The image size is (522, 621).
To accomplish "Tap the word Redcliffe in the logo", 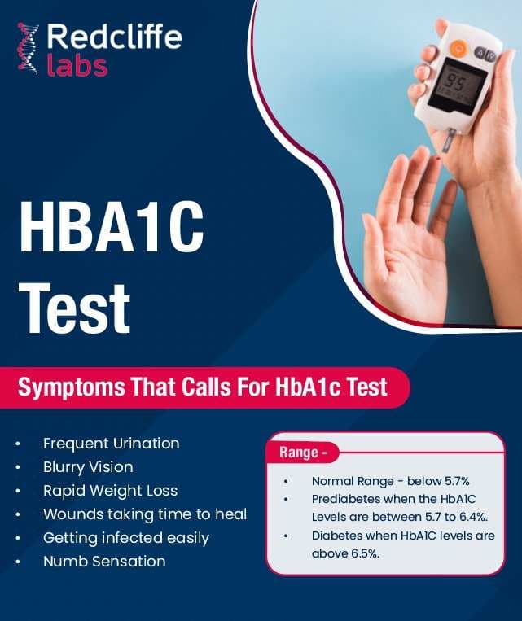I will point(114,37).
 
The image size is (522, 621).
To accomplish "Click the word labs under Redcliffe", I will point(77,64).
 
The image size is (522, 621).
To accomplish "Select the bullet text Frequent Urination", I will point(111,444).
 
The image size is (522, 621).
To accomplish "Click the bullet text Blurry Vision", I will point(88,467).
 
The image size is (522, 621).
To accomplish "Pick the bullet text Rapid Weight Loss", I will point(110,491).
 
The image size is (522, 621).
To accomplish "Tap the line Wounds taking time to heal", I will point(144,514).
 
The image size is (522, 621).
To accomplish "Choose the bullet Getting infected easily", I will point(126,538).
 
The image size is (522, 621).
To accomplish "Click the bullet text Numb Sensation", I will point(104,562).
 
